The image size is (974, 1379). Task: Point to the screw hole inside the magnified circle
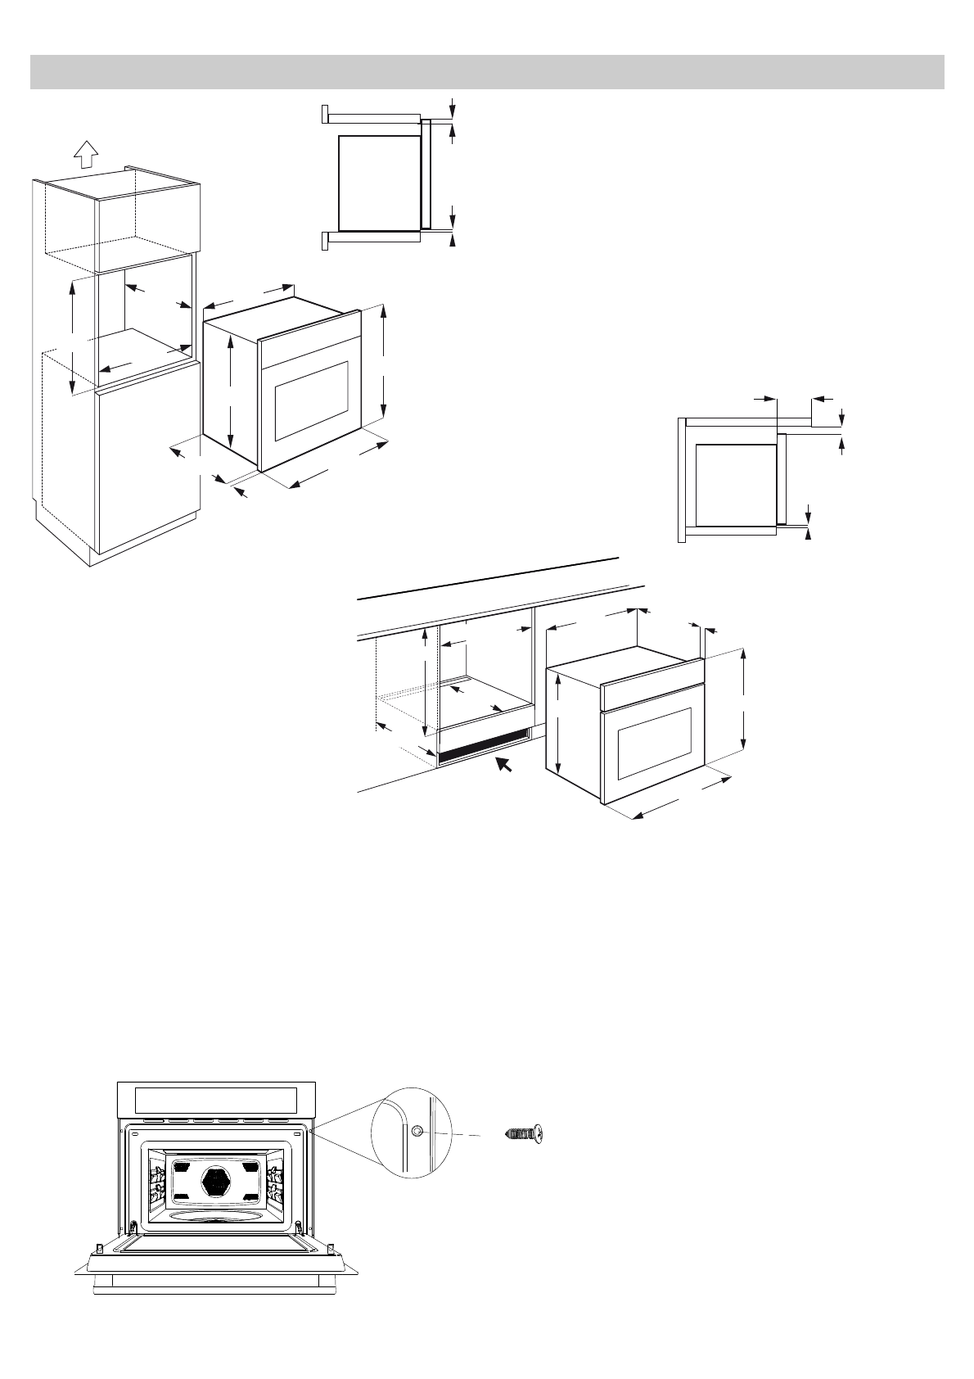417,1131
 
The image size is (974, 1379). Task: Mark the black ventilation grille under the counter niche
483,747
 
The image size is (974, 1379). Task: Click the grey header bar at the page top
487,72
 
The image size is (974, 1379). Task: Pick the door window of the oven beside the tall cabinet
312,399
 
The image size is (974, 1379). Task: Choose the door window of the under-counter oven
655,742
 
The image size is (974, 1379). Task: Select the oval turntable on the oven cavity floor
218,1218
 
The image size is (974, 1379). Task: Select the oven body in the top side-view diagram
379,183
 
